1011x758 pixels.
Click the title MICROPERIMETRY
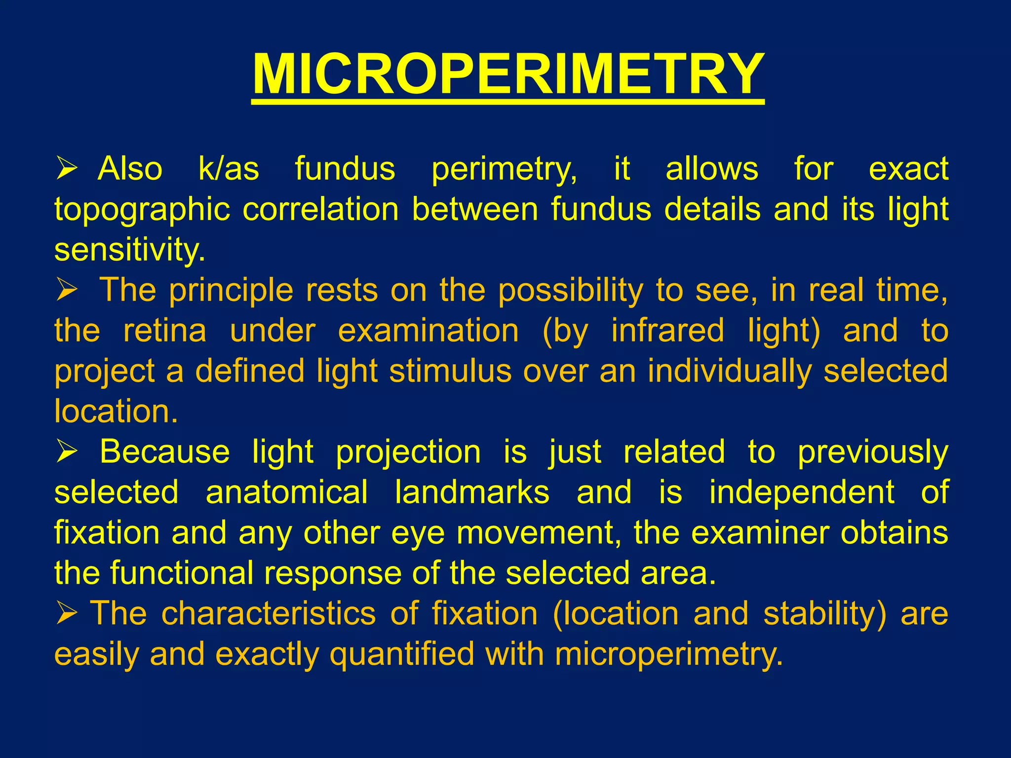pos(508,75)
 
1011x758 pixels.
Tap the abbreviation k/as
pos(229,169)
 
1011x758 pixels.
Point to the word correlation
pos(320,209)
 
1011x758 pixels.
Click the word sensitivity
pos(129,250)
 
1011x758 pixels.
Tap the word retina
pos(165,331)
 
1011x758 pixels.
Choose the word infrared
pos(668,331)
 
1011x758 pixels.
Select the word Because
pos(165,452)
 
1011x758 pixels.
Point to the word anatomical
pos(287,493)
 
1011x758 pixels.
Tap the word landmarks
pos(472,493)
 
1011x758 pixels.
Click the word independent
pos(802,493)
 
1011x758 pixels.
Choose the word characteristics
pos(269,614)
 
